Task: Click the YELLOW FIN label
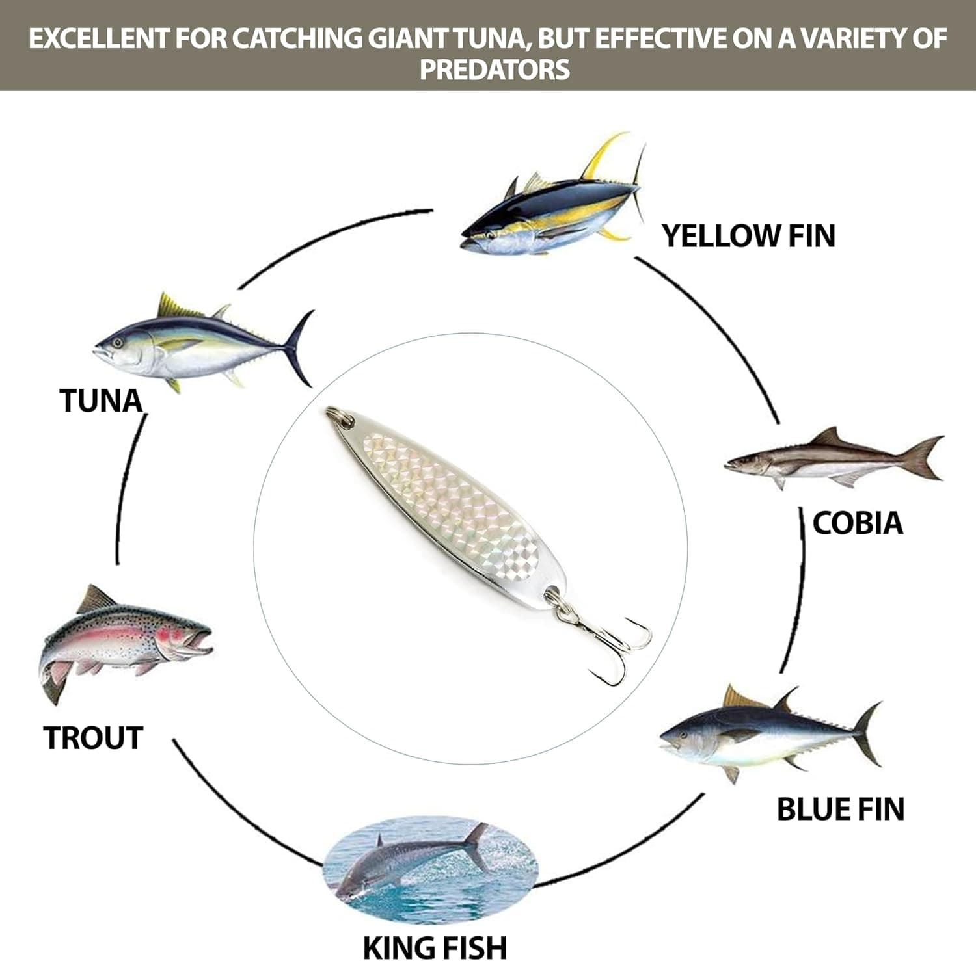click(748, 235)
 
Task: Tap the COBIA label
click(858, 523)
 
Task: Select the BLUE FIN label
click(841, 809)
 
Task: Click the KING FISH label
click(434, 947)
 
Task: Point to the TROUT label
click(93, 738)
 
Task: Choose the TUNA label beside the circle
click(101, 401)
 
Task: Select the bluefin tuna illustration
click(771, 733)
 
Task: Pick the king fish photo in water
click(430, 859)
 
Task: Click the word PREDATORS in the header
click(495, 70)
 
